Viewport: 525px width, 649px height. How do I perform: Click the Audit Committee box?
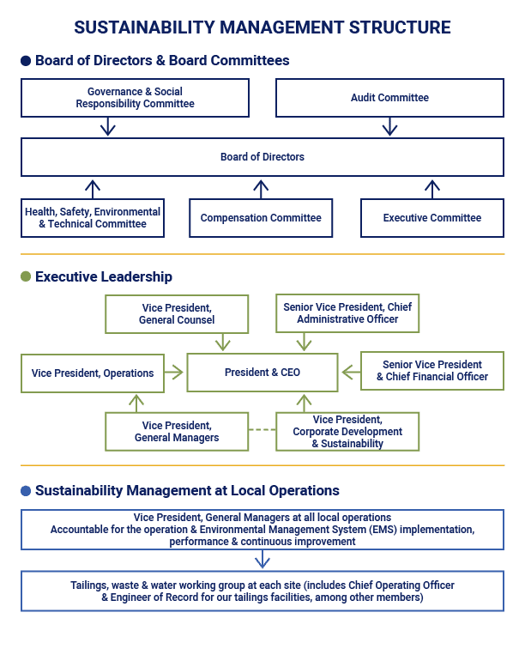389,98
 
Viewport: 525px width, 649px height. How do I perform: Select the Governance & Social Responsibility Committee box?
135,98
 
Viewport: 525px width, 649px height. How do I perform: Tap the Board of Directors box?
262,157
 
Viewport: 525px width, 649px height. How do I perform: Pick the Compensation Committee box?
261,218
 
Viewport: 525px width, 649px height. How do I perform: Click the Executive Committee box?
431,218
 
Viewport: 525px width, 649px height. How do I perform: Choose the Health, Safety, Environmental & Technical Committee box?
92,218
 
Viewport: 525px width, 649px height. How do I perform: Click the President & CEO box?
262,373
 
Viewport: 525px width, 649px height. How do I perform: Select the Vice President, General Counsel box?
177,314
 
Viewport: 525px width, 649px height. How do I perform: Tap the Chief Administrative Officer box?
347,314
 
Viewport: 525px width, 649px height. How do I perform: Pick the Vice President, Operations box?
92,373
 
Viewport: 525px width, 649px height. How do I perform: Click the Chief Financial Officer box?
431,371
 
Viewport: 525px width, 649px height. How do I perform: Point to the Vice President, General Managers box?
177,431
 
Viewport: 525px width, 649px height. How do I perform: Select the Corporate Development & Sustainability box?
347,431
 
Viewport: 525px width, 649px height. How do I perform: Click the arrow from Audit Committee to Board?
389,127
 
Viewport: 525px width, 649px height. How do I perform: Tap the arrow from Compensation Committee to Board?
262,188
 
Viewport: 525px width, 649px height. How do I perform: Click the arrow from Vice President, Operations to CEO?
175,373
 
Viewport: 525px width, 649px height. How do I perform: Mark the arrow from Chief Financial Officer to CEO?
349,372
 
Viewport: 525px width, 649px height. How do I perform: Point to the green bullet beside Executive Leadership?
26,276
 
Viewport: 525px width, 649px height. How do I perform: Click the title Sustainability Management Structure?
262,27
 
